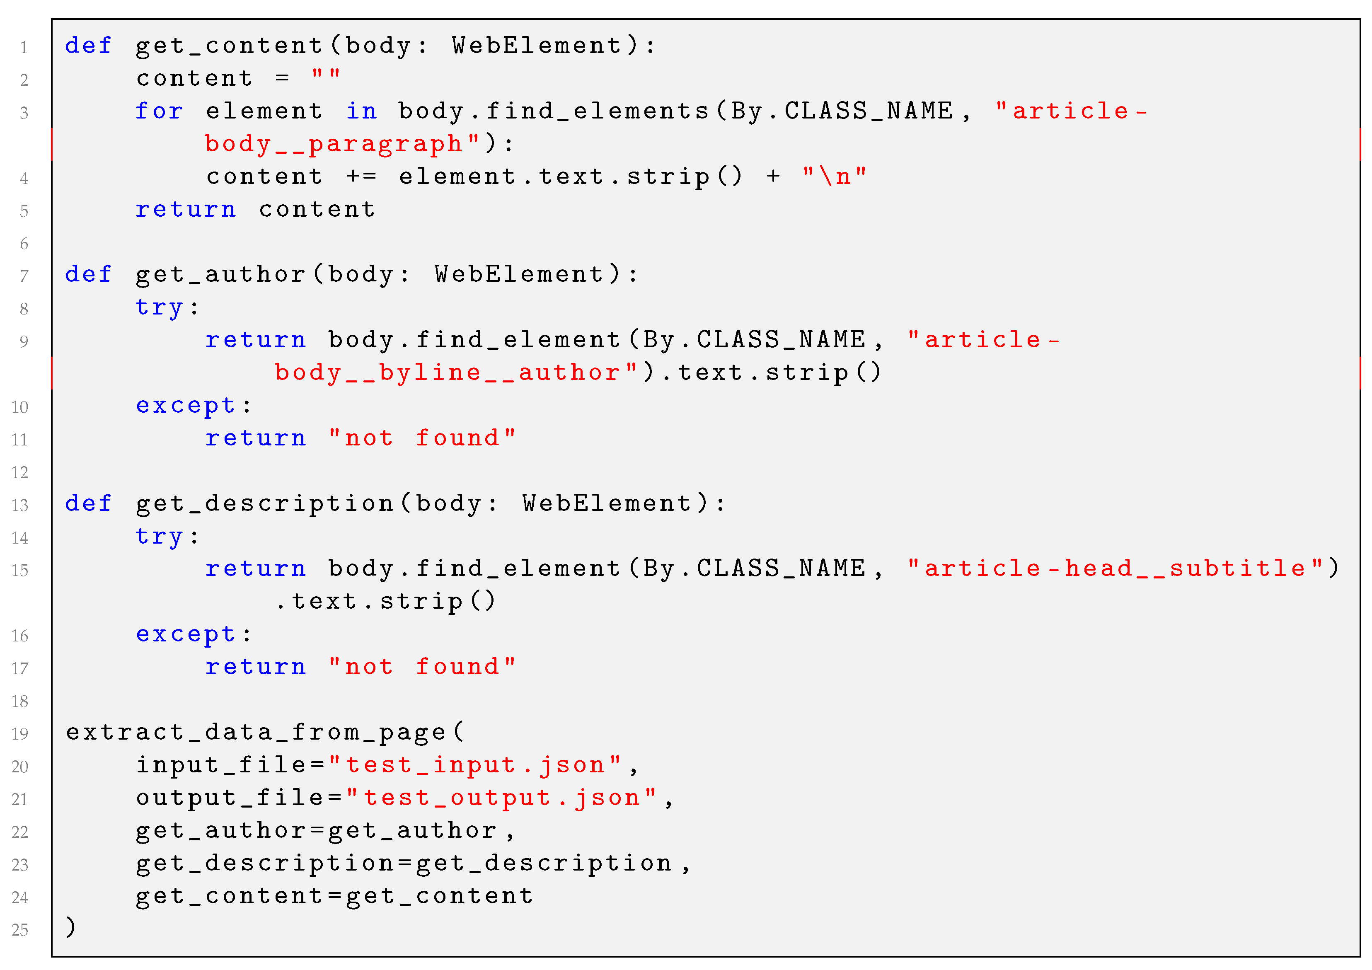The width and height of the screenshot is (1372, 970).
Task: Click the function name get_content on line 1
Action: tap(230, 46)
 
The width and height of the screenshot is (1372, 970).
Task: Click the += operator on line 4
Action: tap(361, 177)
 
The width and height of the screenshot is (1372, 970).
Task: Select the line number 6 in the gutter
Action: tap(24, 243)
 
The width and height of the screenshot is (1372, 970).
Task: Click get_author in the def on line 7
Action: tap(220, 275)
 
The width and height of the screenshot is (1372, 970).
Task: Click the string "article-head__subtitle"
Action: tap(1115, 568)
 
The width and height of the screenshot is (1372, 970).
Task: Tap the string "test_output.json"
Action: tap(502, 798)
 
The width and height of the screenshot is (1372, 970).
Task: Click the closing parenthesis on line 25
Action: tap(70, 928)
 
